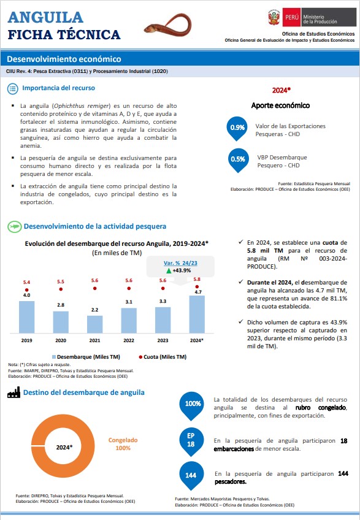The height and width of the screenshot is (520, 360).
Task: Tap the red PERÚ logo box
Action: (292, 17)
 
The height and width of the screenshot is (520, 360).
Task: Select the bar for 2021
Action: (94, 324)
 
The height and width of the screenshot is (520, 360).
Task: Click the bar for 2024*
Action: (197, 314)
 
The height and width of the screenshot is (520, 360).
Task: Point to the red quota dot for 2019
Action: (26, 290)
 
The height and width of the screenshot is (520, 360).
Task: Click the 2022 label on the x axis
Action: (129, 340)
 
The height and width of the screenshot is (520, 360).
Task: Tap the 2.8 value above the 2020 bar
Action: (61, 305)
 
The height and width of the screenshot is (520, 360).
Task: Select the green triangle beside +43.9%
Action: (169, 270)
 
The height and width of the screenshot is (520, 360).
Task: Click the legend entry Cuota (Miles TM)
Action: (163, 357)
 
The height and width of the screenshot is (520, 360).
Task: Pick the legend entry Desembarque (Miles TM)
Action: (86, 357)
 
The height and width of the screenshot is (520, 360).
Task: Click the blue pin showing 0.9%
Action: (237, 129)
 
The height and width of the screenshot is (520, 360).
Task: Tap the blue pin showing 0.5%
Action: (238, 161)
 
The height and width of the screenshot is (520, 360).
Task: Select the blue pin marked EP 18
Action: (191, 442)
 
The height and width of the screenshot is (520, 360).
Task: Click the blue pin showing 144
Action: (191, 476)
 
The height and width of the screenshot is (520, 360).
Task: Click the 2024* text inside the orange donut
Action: (64, 447)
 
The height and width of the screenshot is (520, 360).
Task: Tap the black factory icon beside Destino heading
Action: (13, 392)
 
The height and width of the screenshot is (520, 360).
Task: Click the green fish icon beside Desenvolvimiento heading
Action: (14, 226)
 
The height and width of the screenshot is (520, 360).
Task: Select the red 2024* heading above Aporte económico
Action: (281, 90)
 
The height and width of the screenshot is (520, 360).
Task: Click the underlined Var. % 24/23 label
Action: (180, 263)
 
